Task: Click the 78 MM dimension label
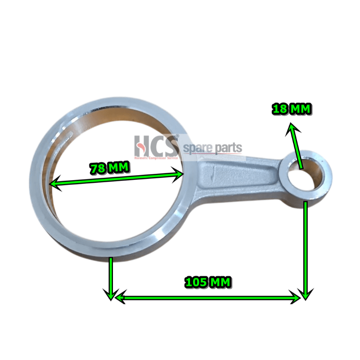110,169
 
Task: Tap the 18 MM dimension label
292,109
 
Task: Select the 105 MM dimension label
208,282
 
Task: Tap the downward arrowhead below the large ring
110,295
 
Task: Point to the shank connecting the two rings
238,173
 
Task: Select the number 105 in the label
194,282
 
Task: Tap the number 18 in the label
279,109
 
